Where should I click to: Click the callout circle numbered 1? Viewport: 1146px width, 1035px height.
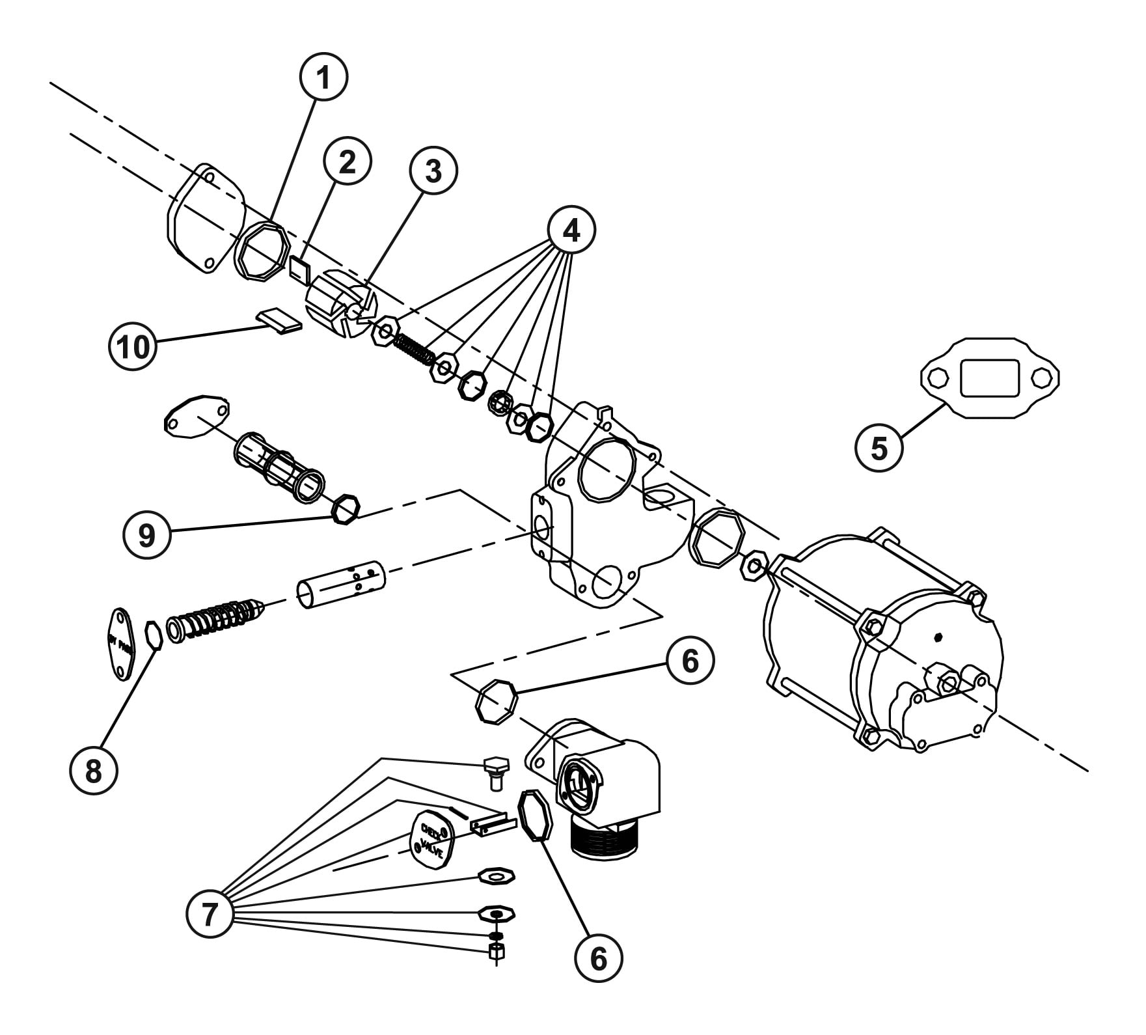pyautogui.click(x=323, y=77)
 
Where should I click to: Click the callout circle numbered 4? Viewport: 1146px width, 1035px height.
pyautogui.click(x=571, y=230)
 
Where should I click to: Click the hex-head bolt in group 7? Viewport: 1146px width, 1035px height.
pyautogui.click(x=496, y=771)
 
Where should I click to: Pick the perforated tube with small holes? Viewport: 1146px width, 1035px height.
pyautogui.click(x=342, y=584)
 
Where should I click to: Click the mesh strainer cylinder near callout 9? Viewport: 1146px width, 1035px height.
pyautogui.click(x=280, y=465)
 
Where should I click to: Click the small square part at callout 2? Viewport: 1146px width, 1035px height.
pyautogui.click(x=300, y=269)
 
